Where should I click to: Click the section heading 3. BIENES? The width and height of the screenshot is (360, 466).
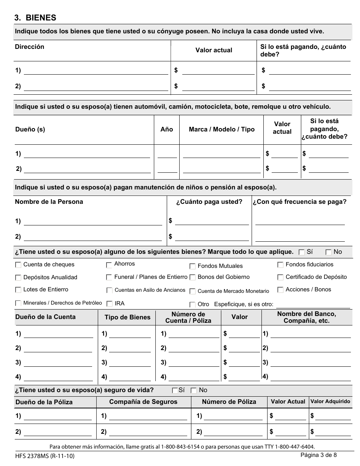[x=35, y=17]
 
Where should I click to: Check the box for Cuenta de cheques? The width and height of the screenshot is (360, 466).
[x=18, y=265]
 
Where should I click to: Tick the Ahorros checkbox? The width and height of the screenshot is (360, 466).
[x=109, y=264]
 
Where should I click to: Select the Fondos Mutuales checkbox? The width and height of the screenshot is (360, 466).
[x=193, y=266]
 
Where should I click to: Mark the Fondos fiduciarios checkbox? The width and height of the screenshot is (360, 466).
[x=280, y=264]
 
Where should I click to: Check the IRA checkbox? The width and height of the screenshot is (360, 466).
[x=109, y=303]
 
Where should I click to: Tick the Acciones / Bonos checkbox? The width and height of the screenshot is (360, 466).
[x=280, y=290]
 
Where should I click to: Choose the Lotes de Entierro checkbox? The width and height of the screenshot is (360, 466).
[x=18, y=290]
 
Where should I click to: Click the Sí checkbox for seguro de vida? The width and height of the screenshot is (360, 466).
[x=175, y=390]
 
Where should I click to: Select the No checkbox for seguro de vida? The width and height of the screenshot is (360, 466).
[x=194, y=390]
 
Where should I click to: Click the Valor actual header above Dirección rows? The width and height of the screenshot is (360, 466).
[x=214, y=50]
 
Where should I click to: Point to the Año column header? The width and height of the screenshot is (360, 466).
[x=167, y=129]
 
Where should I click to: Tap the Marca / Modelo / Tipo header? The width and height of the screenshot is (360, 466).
[x=222, y=129]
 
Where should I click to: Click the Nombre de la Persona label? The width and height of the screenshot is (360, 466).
[x=49, y=202]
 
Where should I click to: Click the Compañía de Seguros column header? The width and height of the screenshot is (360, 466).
[x=143, y=402]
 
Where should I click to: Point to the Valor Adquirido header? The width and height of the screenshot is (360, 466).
[x=330, y=401]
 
